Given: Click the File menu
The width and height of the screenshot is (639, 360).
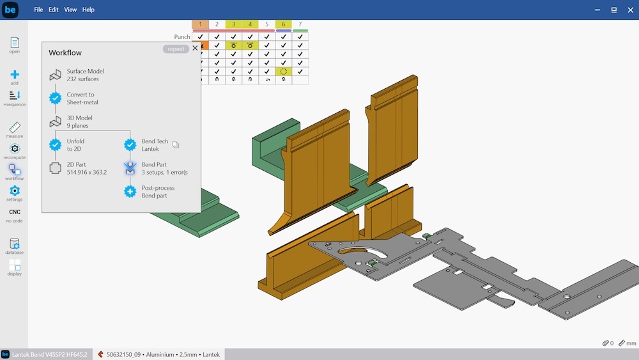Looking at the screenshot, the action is [38, 10].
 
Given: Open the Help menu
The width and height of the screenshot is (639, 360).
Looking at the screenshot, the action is [88, 10].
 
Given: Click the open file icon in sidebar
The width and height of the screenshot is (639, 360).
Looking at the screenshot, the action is [15, 42].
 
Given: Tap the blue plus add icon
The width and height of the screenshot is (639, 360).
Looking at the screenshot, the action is [15, 74].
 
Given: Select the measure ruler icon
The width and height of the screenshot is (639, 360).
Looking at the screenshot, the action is [15, 127].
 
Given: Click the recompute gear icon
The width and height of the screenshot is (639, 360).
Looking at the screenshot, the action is [15, 148].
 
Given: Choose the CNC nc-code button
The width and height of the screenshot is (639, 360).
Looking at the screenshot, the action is [15, 212].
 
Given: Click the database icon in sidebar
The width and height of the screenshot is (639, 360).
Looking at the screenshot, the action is [15, 244].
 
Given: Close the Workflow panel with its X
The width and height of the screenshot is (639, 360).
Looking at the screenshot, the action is [195, 48].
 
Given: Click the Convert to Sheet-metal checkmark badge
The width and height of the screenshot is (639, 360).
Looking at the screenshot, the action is [56, 98].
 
